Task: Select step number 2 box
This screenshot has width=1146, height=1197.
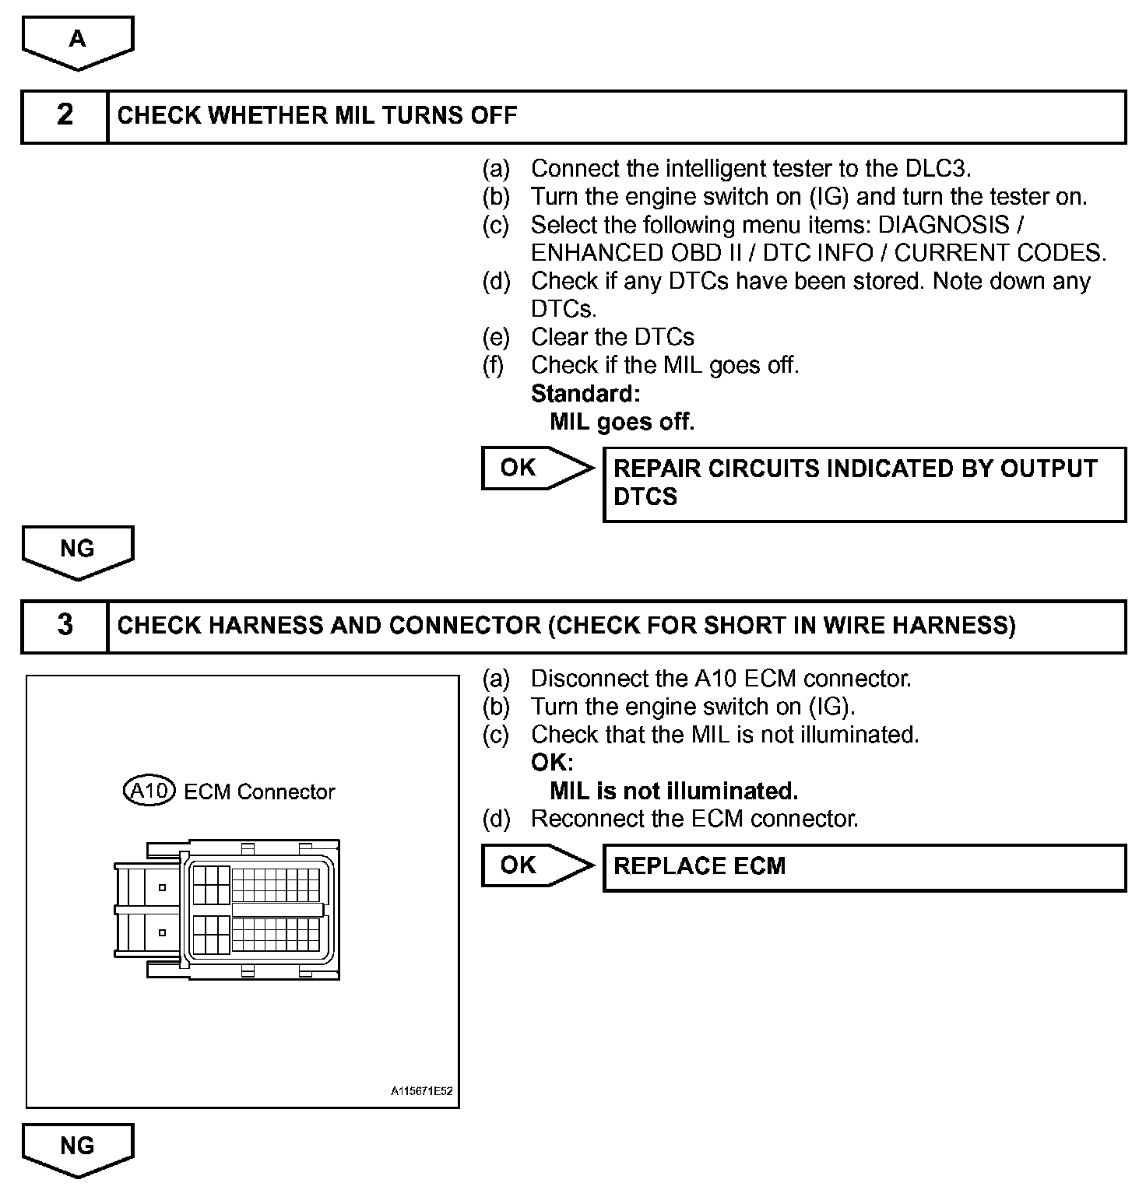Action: pos(65,116)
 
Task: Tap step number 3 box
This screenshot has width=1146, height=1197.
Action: pos(65,626)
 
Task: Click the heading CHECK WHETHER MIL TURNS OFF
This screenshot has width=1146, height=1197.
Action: pos(317,116)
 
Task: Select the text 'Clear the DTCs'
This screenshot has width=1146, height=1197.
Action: pos(612,337)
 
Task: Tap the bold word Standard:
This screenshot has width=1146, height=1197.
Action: pos(585,394)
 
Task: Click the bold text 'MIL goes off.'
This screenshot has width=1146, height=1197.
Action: pos(621,422)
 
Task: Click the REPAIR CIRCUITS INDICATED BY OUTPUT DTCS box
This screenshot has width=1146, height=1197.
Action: pos(864,483)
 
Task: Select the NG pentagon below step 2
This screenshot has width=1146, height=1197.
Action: pos(78,551)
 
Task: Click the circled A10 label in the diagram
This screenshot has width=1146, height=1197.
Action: pos(149,792)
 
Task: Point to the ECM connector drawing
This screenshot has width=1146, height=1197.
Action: pos(227,909)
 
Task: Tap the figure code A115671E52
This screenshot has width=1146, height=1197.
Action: pos(421,1091)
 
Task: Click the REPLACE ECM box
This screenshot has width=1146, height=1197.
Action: pos(864,866)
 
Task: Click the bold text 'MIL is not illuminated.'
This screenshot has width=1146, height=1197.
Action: pos(673,792)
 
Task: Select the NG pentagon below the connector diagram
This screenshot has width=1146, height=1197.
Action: pos(78,1148)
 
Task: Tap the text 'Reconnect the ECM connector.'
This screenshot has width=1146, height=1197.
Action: pos(694,819)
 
